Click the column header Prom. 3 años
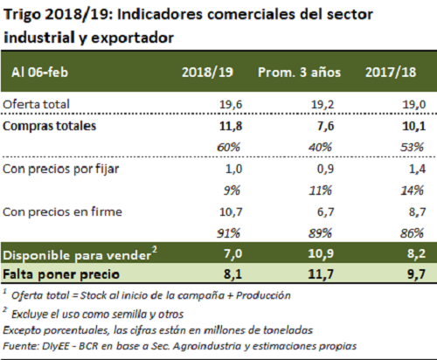(299, 73)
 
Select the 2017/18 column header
(391, 73)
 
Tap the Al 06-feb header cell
(39, 73)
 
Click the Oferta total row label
(36, 104)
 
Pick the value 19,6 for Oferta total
(231, 104)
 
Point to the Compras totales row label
(49, 126)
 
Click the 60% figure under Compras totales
(228, 148)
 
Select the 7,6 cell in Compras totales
(325, 126)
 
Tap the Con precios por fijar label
(60, 170)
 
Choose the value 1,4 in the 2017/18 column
(417, 169)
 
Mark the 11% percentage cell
(320, 190)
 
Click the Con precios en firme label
(62, 211)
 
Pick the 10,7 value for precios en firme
(231, 212)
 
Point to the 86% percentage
(412, 233)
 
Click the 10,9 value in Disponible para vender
(321, 253)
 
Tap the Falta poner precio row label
(61, 274)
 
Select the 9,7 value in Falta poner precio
(417, 274)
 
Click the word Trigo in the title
(22, 16)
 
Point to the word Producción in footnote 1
(263, 295)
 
